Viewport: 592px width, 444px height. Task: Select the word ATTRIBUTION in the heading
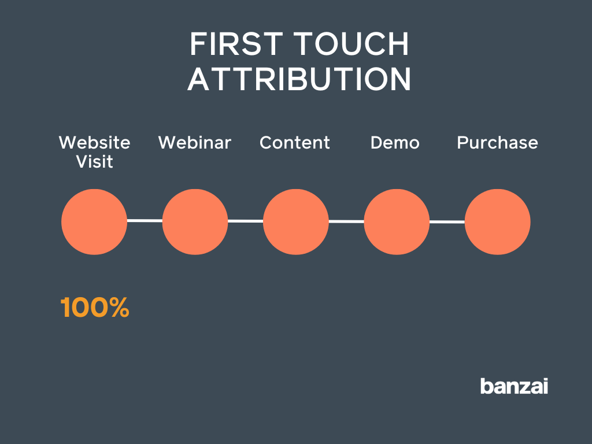pyautogui.click(x=299, y=79)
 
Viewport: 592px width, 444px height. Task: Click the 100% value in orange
pyautogui.click(x=95, y=308)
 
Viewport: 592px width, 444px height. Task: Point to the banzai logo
pyautogui.click(x=514, y=386)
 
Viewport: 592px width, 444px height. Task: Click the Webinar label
pyautogui.click(x=195, y=143)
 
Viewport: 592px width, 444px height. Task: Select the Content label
pyautogui.click(x=295, y=143)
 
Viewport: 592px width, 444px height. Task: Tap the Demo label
pyautogui.click(x=395, y=143)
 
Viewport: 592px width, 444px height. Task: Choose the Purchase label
pyautogui.click(x=497, y=143)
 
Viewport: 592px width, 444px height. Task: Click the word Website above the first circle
pyautogui.click(x=95, y=143)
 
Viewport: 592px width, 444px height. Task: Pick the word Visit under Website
pyautogui.click(x=95, y=162)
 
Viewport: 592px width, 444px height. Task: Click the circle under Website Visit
pyautogui.click(x=94, y=221)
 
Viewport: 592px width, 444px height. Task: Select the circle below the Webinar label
pyautogui.click(x=195, y=221)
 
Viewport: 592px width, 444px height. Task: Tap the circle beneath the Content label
pyautogui.click(x=296, y=221)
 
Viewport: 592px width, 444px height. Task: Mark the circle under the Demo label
pyautogui.click(x=397, y=221)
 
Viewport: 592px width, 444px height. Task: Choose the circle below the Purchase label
pyautogui.click(x=497, y=221)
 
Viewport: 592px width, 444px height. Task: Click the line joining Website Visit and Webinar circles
pyautogui.click(x=145, y=220)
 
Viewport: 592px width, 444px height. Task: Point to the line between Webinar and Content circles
pyautogui.click(x=246, y=221)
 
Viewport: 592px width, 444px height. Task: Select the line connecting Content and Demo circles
pyautogui.click(x=346, y=221)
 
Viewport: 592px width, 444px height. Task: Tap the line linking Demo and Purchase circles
pyautogui.click(x=447, y=221)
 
